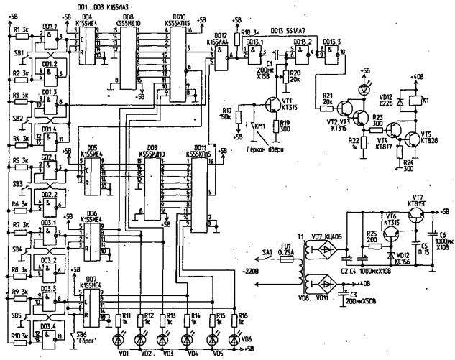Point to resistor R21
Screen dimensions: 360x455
(x=327, y=104)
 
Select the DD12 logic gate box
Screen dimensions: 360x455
(x=221, y=53)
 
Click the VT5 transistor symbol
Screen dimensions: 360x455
(x=412, y=139)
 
